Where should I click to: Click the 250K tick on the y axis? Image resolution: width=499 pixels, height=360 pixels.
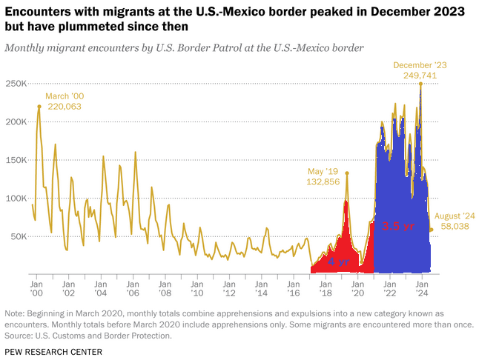(16, 83)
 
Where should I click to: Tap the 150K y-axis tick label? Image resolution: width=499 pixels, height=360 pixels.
(16, 159)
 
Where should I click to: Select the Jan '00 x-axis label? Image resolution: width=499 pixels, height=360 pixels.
(36, 288)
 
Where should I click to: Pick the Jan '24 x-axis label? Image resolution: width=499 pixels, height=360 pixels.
(421, 288)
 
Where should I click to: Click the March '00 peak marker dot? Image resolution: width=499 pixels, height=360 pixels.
(39, 106)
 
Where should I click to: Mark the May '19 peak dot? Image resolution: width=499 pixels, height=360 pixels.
(346, 173)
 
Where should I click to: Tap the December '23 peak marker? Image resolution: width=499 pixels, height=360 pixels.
(420, 84)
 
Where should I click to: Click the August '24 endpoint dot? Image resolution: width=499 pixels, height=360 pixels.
(432, 230)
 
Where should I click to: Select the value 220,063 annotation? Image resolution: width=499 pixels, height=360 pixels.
(64, 107)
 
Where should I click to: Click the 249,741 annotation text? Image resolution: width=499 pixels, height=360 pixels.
(420, 76)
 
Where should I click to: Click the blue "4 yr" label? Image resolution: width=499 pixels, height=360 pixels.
(338, 262)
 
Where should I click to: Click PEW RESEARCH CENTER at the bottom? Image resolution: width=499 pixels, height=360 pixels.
(53, 350)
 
